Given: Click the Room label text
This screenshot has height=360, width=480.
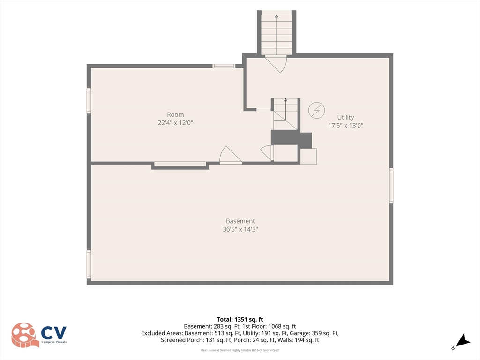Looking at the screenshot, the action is coord(175,114).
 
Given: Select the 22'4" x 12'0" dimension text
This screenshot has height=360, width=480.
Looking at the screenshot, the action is coord(175,123).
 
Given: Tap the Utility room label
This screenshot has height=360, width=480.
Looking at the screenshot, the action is coord(345,117).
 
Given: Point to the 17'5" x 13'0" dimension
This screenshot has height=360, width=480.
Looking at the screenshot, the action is coord(345,125).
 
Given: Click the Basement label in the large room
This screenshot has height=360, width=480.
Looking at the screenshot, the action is coord(240,221).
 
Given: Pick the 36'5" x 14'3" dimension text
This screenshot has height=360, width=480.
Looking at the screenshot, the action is coord(240,229).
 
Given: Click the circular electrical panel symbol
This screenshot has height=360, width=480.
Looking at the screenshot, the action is coord(316,110).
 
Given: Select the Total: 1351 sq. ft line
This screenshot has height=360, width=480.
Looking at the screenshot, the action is coord(240,320).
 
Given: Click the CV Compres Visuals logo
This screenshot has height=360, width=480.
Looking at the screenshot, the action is coord(39,335).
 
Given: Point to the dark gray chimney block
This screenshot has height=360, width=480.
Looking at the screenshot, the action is coord(291,139).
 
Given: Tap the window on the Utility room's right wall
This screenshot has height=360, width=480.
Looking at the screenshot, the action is coord(391,186).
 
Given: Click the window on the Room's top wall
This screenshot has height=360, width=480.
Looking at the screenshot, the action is coord(224,66).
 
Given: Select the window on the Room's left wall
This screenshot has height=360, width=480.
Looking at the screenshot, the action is coord(89,101).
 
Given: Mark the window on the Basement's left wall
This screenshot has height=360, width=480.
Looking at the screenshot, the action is coord(89,264).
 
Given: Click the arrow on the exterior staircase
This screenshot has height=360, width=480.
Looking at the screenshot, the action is coord(277,35).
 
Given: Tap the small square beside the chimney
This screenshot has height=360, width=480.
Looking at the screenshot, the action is coord(308,157).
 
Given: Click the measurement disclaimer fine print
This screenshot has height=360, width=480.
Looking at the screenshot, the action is coord(240,350).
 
